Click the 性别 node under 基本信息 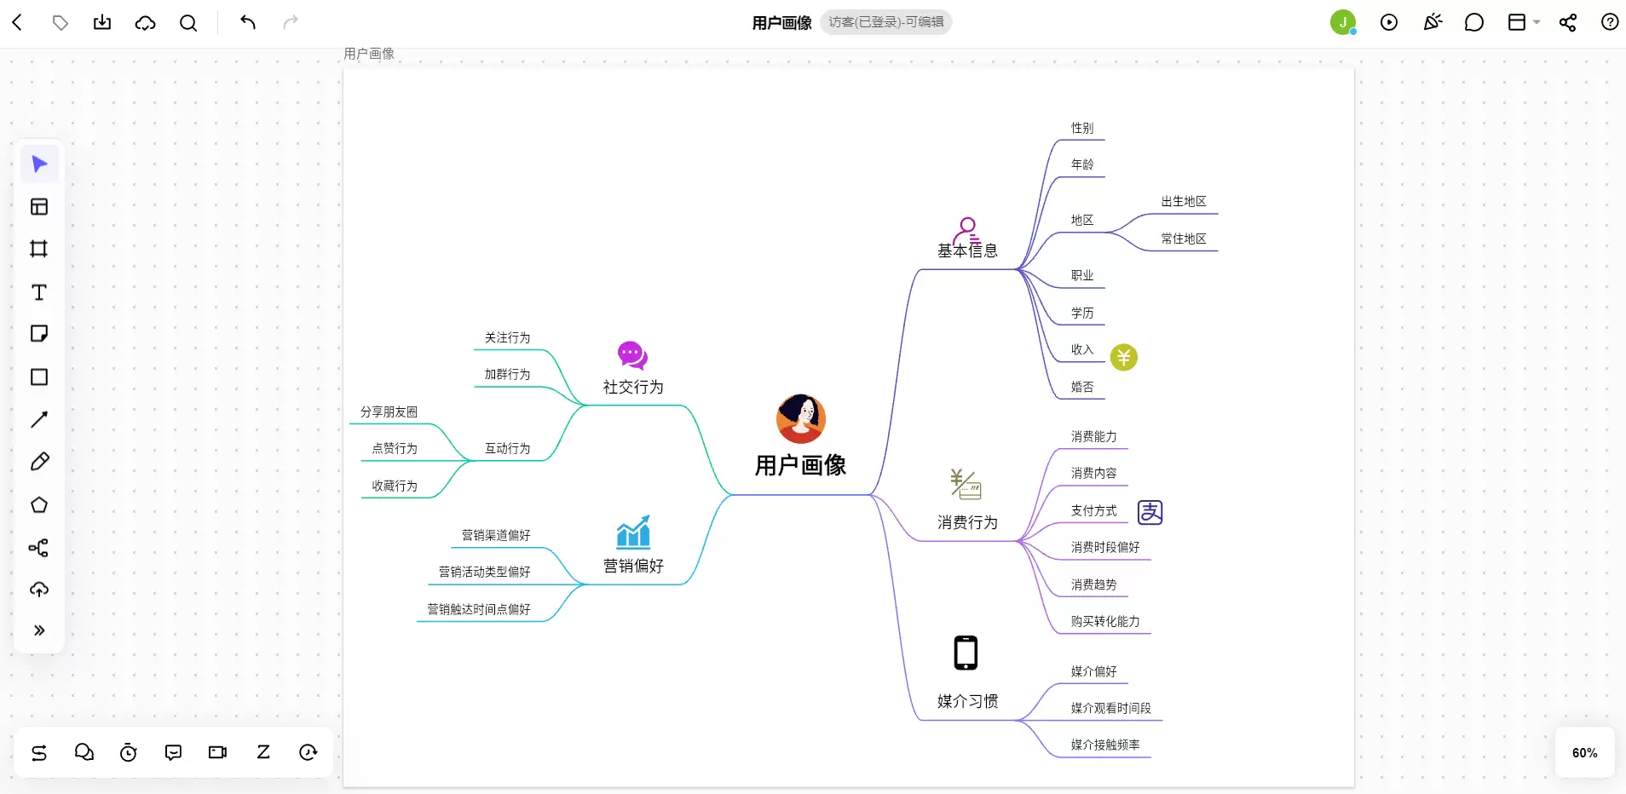tap(1082, 128)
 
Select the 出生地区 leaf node tap(1184, 201)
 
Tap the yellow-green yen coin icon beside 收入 tap(1124, 357)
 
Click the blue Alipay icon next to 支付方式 tap(1150, 512)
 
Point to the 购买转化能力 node tap(1105, 621)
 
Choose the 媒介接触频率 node tap(1105, 745)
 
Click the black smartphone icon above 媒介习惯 tap(966, 653)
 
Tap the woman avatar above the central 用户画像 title tap(801, 418)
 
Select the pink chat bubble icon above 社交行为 tap(632, 355)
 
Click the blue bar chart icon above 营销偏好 tap(633, 532)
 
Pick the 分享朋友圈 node tap(389, 411)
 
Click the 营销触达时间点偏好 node tap(479, 609)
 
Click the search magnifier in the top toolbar tap(188, 23)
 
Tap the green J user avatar tap(1343, 22)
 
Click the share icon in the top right tap(1567, 22)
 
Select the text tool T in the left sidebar tap(39, 292)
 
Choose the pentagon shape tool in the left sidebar tap(39, 505)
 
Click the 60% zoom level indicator tap(1585, 753)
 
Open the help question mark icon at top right tap(1610, 22)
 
